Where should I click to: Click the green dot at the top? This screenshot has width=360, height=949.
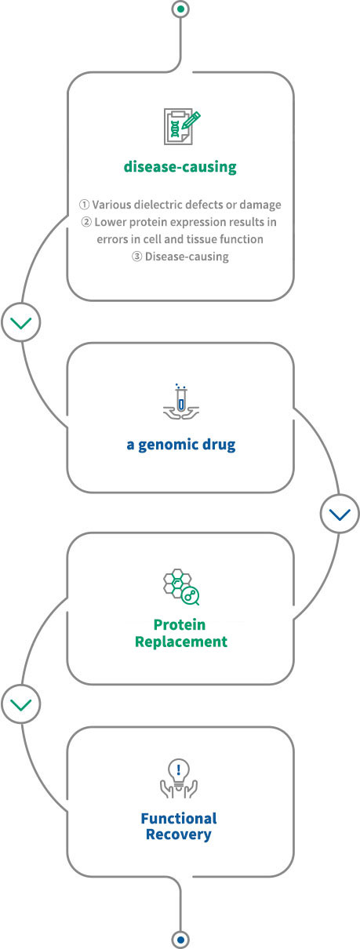(x=181, y=9)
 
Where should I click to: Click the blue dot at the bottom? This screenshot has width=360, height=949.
(x=181, y=940)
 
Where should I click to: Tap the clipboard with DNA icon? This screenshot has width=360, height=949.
(x=182, y=126)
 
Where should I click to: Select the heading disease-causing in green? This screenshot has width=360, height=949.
(x=180, y=167)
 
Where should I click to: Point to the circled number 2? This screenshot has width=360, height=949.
(x=86, y=222)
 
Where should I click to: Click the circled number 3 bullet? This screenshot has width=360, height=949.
(x=136, y=256)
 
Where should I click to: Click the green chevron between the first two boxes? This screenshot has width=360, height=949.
(x=20, y=322)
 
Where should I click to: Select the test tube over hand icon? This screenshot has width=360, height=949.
(x=181, y=402)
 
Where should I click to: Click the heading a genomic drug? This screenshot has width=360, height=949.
(x=181, y=445)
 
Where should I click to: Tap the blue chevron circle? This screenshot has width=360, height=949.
(x=340, y=514)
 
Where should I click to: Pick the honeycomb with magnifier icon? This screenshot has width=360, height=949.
(x=181, y=587)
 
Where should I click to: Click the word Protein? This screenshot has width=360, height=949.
(x=180, y=624)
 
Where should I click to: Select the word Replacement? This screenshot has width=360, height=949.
(x=181, y=642)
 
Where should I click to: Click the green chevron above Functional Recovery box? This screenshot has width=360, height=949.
(x=20, y=704)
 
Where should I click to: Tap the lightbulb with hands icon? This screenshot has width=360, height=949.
(x=179, y=779)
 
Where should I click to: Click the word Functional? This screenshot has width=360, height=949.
(x=179, y=818)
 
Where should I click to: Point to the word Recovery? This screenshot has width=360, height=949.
(x=179, y=834)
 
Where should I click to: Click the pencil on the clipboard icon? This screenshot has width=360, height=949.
(x=191, y=120)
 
